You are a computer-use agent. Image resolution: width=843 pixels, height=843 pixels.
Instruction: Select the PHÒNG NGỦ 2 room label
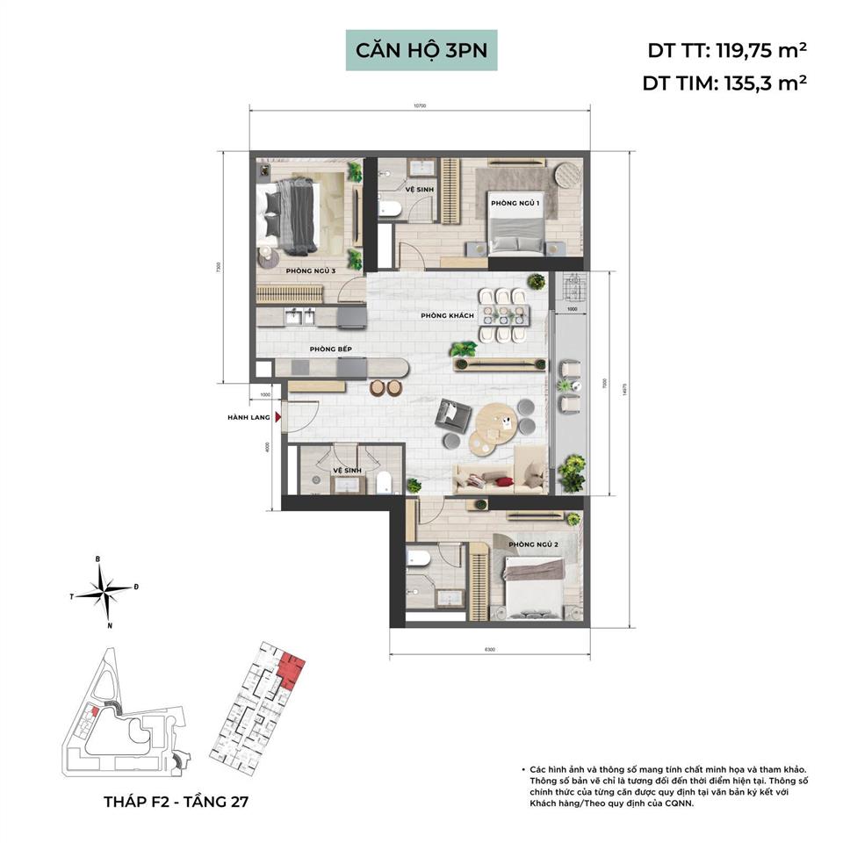(534, 545)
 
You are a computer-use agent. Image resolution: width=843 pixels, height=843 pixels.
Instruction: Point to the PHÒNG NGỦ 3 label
(312, 271)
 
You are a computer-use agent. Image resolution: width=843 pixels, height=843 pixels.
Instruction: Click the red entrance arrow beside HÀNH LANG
(278, 419)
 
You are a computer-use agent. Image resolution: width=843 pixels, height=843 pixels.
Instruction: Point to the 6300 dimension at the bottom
(488, 650)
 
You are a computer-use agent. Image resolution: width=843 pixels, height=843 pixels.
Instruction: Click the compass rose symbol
(104, 594)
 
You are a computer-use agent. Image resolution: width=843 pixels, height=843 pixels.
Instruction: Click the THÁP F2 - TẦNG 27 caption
(178, 802)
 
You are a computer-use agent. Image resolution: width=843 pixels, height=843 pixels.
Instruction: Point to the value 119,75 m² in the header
(760, 50)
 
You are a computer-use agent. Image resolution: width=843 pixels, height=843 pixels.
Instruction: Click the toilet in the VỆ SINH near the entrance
(383, 482)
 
